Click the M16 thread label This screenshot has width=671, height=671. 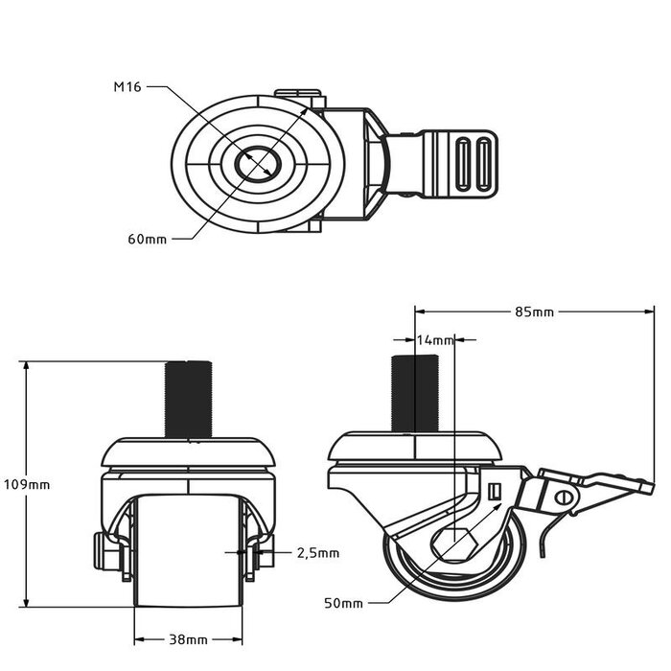(x=128, y=87)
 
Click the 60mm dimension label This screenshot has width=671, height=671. (x=147, y=239)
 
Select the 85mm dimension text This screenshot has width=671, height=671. (x=534, y=311)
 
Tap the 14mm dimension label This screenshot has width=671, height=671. (x=435, y=339)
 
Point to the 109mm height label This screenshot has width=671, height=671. (x=26, y=484)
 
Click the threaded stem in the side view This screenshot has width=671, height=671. (x=414, y=393)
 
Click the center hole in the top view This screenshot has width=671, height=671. (x=257, y=162)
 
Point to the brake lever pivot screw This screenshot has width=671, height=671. (x=564, y=497)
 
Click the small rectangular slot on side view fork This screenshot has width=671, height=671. (x=495, y=492)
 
